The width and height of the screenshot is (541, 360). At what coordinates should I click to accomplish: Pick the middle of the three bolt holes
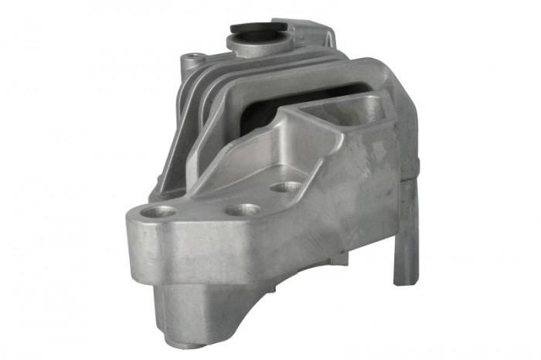tap(245, 209)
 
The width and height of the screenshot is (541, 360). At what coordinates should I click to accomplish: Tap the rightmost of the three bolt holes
tap(287, 187)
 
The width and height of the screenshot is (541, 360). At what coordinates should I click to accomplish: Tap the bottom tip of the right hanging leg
tap(403, 280)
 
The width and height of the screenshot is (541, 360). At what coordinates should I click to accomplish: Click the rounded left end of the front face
tap(135, 239)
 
